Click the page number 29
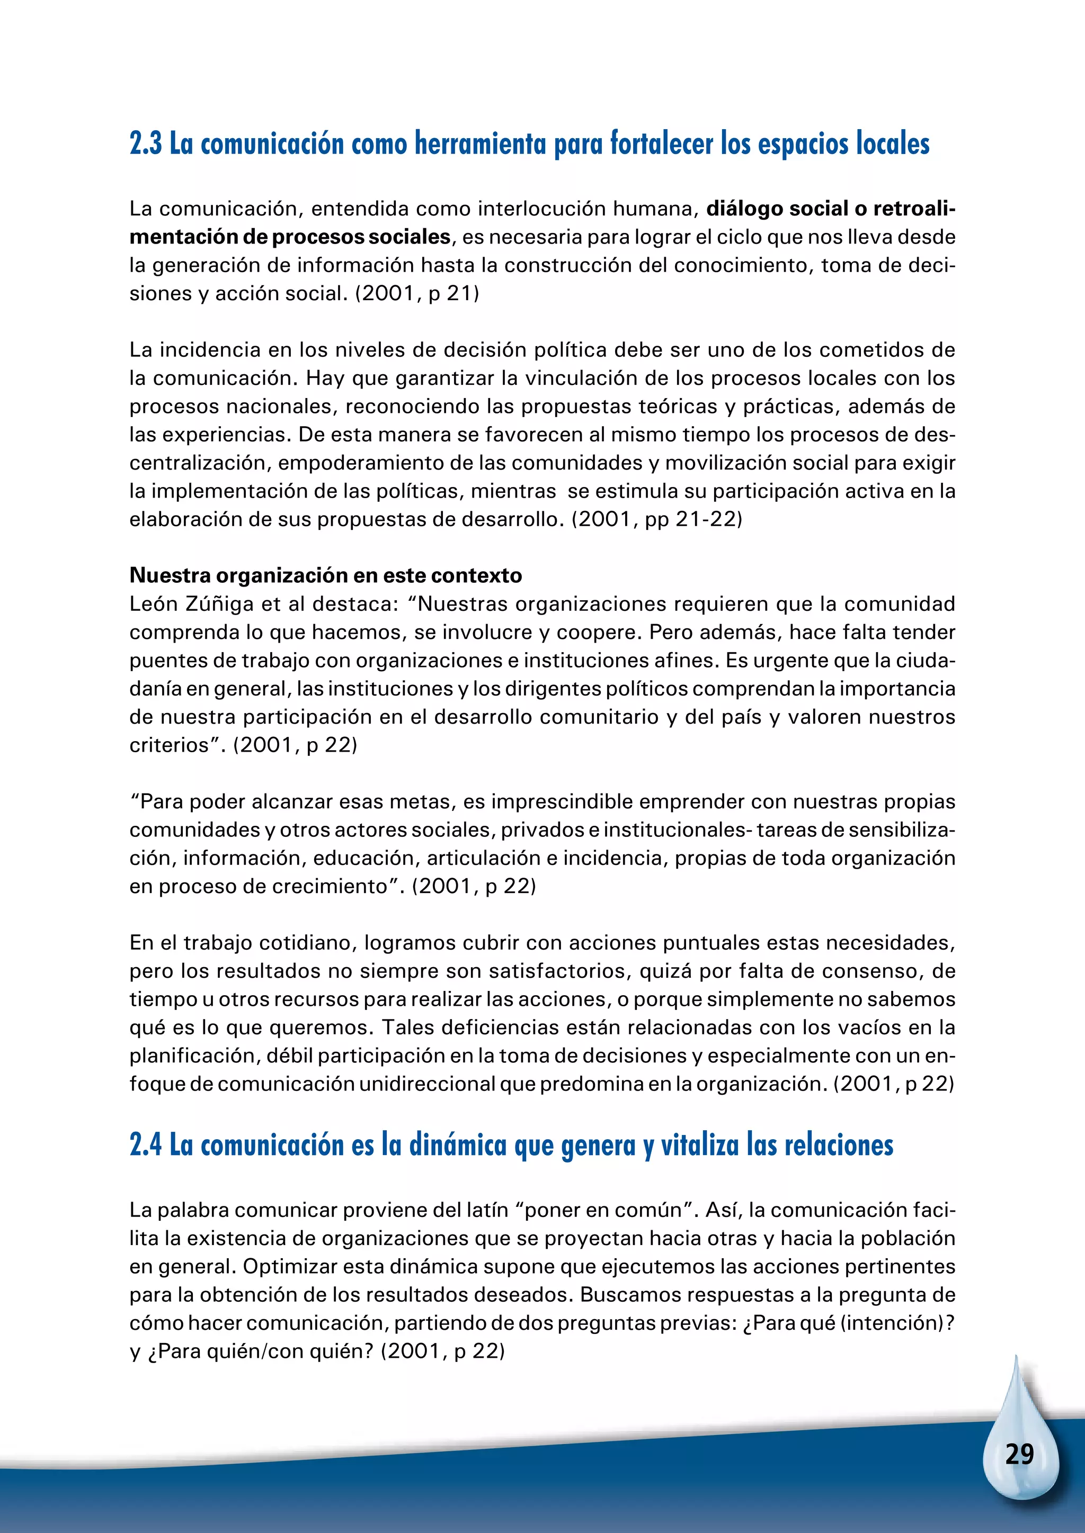coord(1019,1454)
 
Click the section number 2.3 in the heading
coord(146,144)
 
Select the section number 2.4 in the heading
coord(146,1144)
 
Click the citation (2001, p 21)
coord(417,294)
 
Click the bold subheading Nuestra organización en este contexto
coord(325,575)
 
